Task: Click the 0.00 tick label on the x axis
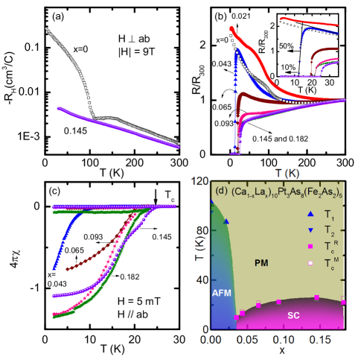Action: point(212,338)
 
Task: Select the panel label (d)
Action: point(220,191)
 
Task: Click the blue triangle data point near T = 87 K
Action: point(226,221)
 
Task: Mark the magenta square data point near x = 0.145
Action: point(316,297)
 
